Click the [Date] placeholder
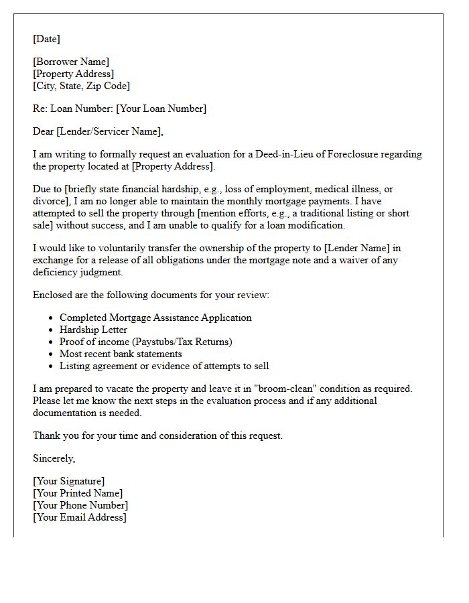(x=46, y=39)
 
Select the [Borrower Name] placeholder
(x=71, y=62)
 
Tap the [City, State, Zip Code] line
(x=81, y=86)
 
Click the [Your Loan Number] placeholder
(x=161, y=109)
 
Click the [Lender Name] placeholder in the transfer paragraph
(x=356, y=248)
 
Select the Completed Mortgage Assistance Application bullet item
(x=155, y=318)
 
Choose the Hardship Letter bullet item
(x=93, y=330)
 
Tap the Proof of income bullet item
(x=145, y=342)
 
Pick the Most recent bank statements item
(x=121, y=354)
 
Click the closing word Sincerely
(x=54, y=458)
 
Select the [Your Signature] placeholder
(x=68, y=481)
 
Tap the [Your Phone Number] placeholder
(x=80, y=505)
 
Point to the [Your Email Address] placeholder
(x=79, y=517)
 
